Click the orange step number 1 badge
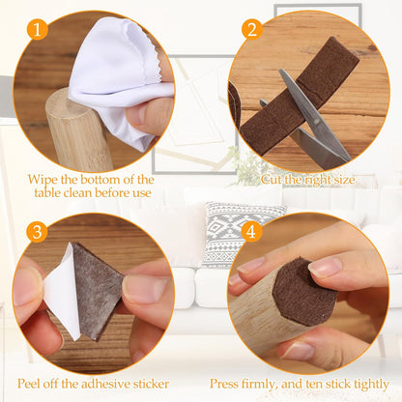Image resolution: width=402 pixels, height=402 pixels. (x=38, y=29)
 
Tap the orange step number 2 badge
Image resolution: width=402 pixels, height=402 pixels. (x=252, y=29)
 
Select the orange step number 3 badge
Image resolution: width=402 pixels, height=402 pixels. (x=37, y=231)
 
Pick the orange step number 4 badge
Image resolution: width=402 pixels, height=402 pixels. (x=251, y=231)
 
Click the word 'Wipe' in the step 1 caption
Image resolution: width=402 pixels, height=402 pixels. (x=43, y=180)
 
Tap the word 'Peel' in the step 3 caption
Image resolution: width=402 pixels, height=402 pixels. (x=29, y=384)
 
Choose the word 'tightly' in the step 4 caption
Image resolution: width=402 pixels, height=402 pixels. (x=371, y=385)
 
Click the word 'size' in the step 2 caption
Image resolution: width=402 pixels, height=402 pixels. (x=343, y=180)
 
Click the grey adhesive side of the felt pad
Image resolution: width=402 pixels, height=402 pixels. (x=97, y=290)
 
